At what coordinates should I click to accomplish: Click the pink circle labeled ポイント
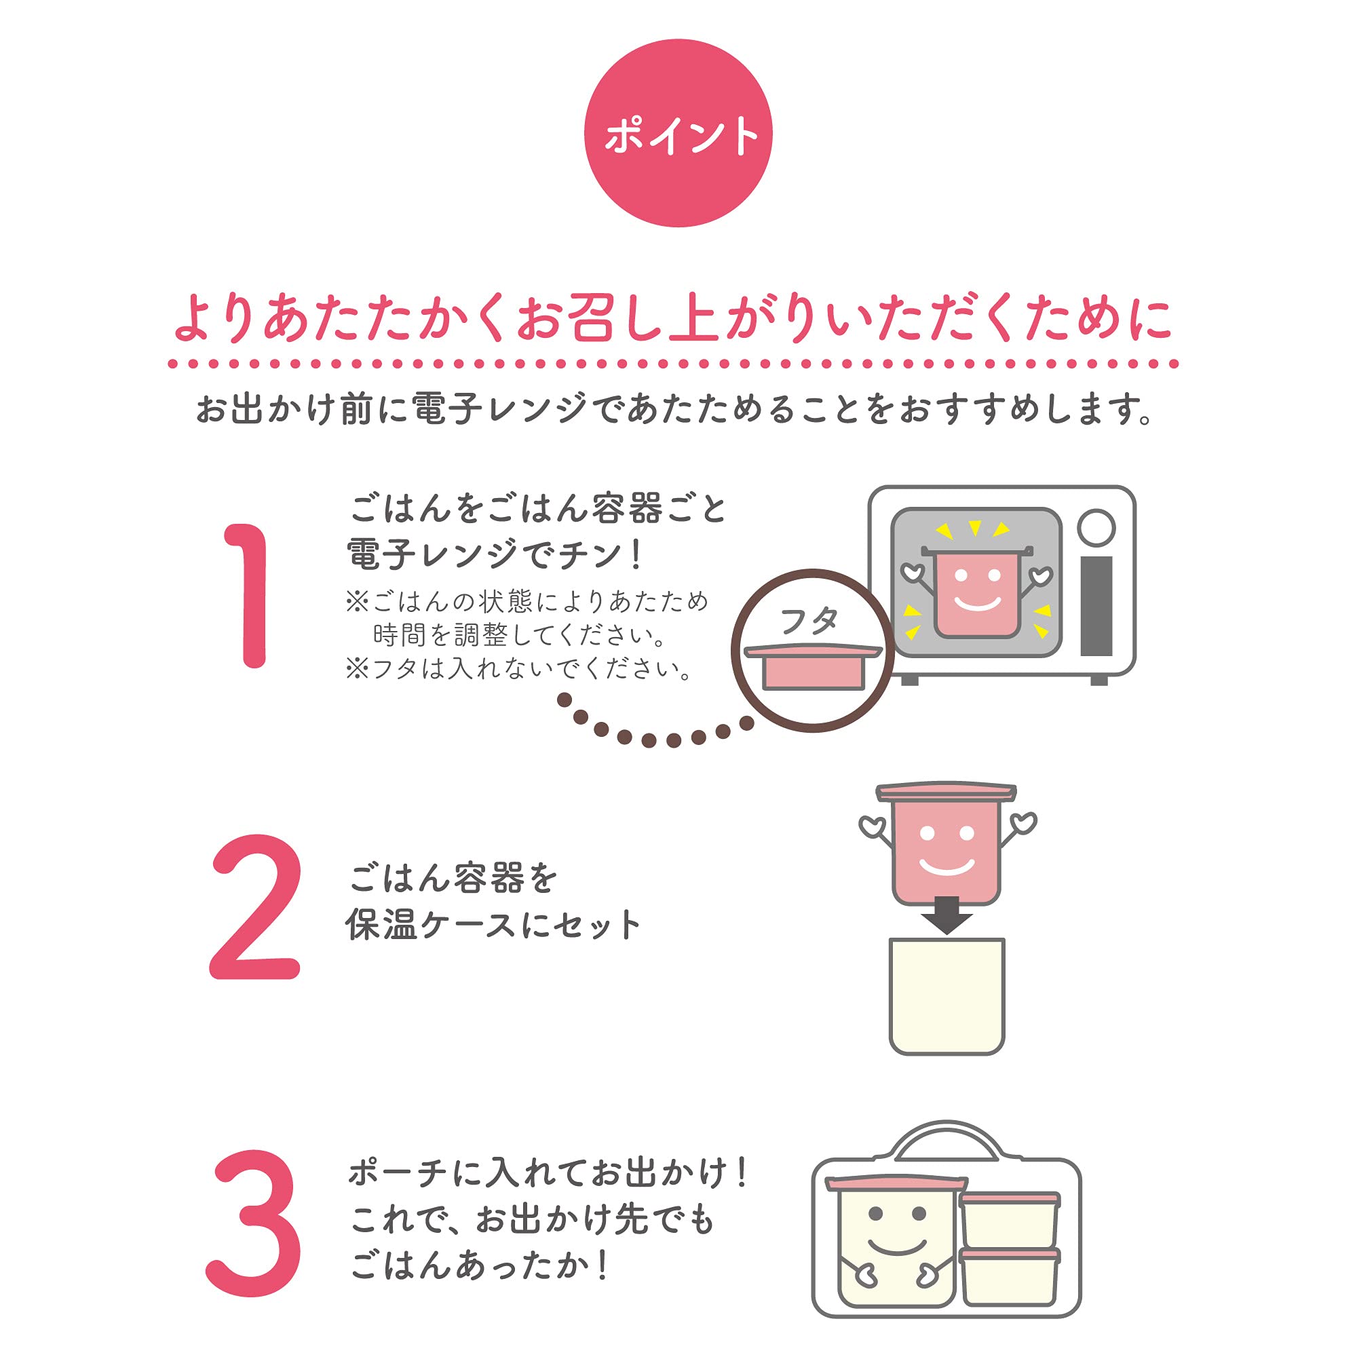[678, 133]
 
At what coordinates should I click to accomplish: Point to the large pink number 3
[254, 1222]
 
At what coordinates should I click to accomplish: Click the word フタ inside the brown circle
[809, 621]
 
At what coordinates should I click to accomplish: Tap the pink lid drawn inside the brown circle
[813, 666]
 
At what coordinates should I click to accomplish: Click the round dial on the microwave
[1096, 527]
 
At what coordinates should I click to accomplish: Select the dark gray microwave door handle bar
[1096, 606]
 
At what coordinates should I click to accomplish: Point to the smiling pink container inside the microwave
[976, 592]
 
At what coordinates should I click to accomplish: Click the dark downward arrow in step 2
[946, 915]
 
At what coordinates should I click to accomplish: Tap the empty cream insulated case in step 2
[947, 996]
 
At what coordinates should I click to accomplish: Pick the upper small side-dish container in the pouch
[1010, 1220]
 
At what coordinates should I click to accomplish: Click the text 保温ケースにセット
[493, 925]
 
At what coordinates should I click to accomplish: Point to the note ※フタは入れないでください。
[519, 668]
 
